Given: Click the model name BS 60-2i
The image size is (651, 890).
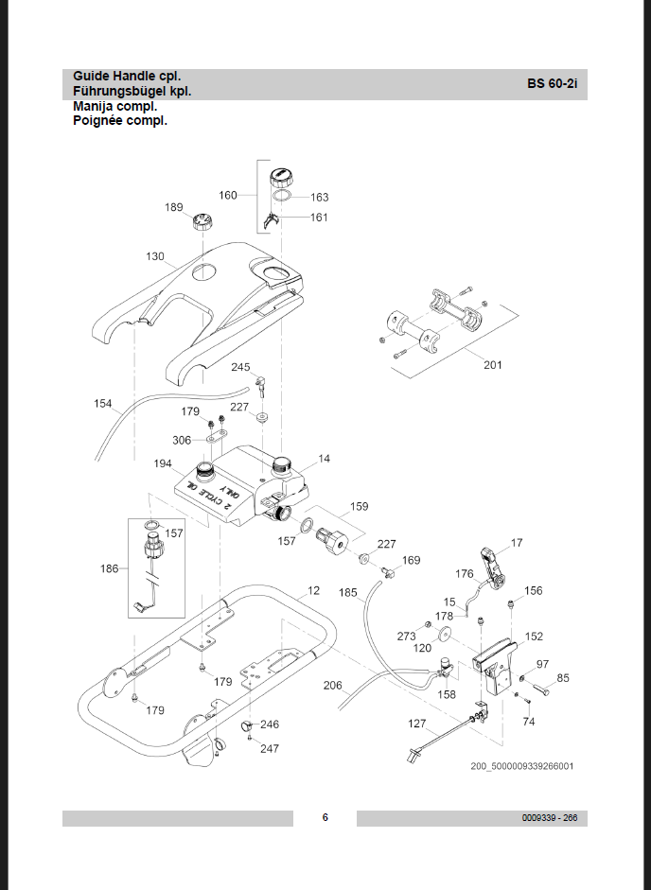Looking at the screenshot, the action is point(553,83).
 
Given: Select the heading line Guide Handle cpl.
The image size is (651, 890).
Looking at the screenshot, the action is point(127,76).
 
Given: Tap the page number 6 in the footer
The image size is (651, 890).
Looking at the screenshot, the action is point(325,817).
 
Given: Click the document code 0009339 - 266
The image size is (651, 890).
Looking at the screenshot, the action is point(550,818).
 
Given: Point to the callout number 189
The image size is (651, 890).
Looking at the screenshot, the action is point(174,207).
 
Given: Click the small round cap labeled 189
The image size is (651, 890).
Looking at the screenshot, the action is point(202,220).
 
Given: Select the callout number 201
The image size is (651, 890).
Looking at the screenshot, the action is point(493,365).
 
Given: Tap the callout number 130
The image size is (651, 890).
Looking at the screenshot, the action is point(155,256).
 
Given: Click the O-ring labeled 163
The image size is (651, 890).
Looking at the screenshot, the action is point(282,196).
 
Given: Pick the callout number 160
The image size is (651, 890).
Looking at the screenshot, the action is point(228,195).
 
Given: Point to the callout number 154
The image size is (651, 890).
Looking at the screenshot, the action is point(103,404).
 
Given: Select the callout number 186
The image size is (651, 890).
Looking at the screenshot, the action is point(110,568).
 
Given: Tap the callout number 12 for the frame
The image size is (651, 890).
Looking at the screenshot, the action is point(313,590).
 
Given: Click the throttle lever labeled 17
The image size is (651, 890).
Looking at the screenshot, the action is point(492,568).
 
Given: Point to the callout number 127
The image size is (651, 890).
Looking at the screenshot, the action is point(417,724).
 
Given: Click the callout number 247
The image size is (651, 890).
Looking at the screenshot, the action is point(270,749).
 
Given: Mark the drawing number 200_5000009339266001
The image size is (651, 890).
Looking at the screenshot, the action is point(522,766).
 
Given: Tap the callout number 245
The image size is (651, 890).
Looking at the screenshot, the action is point(240,367).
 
